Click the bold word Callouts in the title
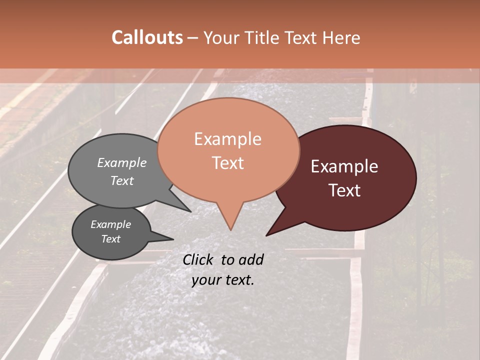click(x=147, y=37)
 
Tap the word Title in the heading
click(x=261, y=37)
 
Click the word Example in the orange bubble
click(x=227, y=139)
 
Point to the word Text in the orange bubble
click(x=227, y=163)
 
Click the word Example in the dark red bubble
click(x=344, y=166)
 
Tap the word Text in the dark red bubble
click(x=344, y=190)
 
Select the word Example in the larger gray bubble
click(x=122, y=162)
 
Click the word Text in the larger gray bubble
click(x=122, y=180)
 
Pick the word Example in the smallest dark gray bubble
click(x=111, y=224)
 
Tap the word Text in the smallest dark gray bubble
click(x=111, y=239)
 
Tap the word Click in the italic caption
click(x=198, y=259)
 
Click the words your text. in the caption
click(x=223, y=280)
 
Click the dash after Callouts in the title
click(x=193, y=37)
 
